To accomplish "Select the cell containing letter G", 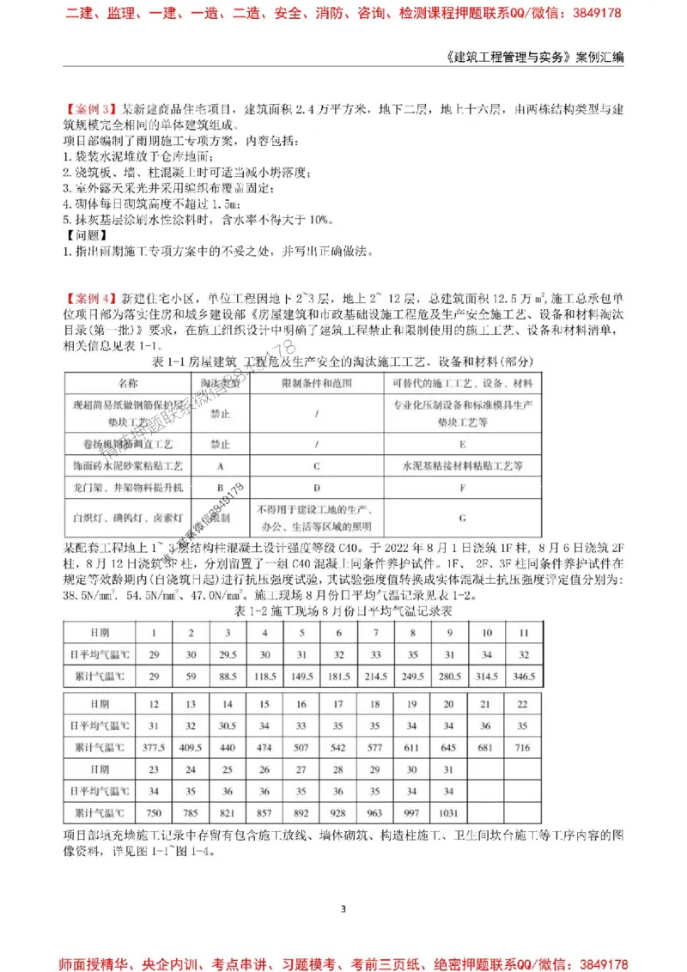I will click(462, 519).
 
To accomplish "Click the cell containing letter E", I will click(462, 446).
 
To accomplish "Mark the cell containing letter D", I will click(317, 487).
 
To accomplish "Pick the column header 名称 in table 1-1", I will click(127, 383).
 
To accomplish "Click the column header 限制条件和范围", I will click(317, 383).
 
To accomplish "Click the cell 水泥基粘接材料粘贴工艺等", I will click(462, 466).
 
